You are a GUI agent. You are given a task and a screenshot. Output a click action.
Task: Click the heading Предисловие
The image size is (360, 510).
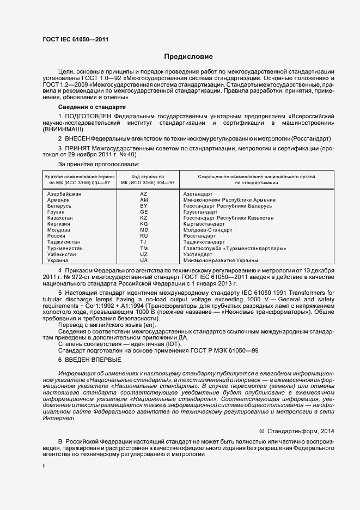click(x=189, y=57)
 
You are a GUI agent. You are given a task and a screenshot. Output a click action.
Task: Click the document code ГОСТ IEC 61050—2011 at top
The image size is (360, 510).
click(x=75, y=40)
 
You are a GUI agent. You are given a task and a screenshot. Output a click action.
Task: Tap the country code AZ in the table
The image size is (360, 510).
click(x=144, y=194)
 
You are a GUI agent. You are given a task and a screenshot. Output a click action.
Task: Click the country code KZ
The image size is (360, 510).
click(x=144, y=218)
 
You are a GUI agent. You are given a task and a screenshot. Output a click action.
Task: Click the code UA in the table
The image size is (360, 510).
click(x=144, y=260)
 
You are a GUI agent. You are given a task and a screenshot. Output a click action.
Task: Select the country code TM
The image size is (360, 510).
click(x=144, y=248)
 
